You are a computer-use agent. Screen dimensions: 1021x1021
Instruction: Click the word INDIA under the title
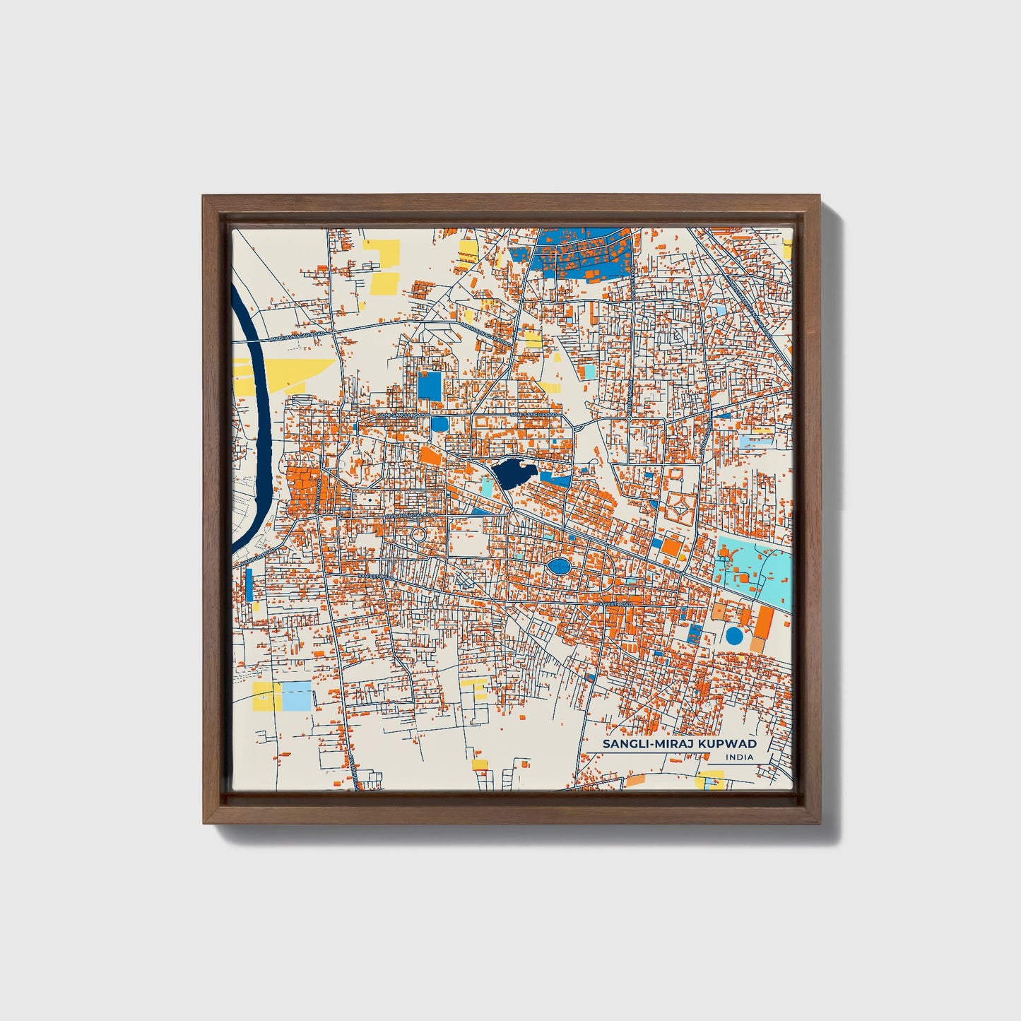(739, 757)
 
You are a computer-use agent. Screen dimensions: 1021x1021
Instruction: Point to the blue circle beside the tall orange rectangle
(734, 636)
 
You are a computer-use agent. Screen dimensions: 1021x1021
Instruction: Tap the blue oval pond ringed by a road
(558, 566)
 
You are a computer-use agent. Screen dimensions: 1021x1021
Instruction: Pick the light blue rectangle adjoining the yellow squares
(296, 696)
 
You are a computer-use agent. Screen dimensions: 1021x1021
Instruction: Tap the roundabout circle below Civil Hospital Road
(418, 535)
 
